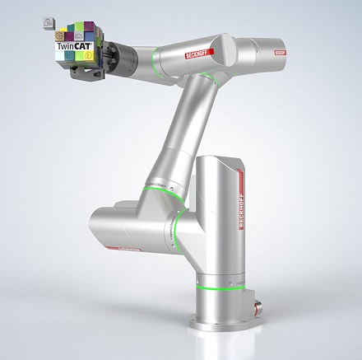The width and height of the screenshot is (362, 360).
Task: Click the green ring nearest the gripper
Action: pos(152,58)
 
